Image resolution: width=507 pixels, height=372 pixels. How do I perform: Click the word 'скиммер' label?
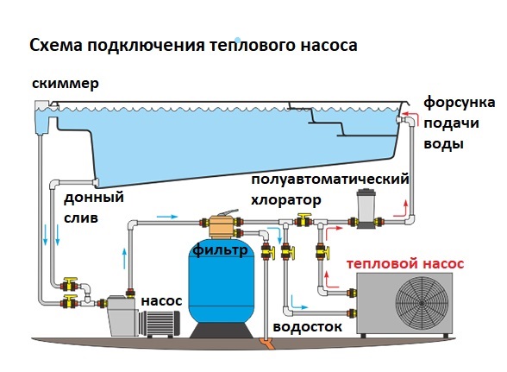[x=66, y=84]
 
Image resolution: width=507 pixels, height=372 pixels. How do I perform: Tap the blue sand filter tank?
[x=222, y=282]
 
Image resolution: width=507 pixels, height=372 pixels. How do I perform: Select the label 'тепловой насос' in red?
[x=405, y=263]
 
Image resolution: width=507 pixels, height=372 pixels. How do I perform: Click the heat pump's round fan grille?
[x=422, y=303]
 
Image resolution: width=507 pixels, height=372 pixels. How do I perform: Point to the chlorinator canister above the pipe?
[x=366, y=208]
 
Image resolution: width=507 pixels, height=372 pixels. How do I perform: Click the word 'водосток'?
[x=308, y=326]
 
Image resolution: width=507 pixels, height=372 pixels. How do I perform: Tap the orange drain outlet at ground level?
[x=266, y=344]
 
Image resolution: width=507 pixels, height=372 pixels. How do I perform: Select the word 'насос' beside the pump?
[x=161, y=301]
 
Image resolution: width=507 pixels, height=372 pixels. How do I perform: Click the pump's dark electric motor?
[x=160, y=323]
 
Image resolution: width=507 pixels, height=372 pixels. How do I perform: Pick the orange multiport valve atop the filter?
[x=221, y=224]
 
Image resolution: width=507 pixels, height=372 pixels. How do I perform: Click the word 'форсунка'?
[x=459, y=103]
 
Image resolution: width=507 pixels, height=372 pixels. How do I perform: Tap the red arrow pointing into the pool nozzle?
[x=409, y=115]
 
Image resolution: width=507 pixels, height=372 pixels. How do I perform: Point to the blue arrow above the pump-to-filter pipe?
[x=167, y=217]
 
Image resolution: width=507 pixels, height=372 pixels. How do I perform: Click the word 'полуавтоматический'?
[x=330, y=180]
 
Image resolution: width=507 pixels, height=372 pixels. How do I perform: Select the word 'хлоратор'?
[x=286, y=200]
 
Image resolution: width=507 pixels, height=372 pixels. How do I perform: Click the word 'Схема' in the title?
[x=55, y=46]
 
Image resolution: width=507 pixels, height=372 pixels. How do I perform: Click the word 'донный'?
[x=94, y=197]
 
